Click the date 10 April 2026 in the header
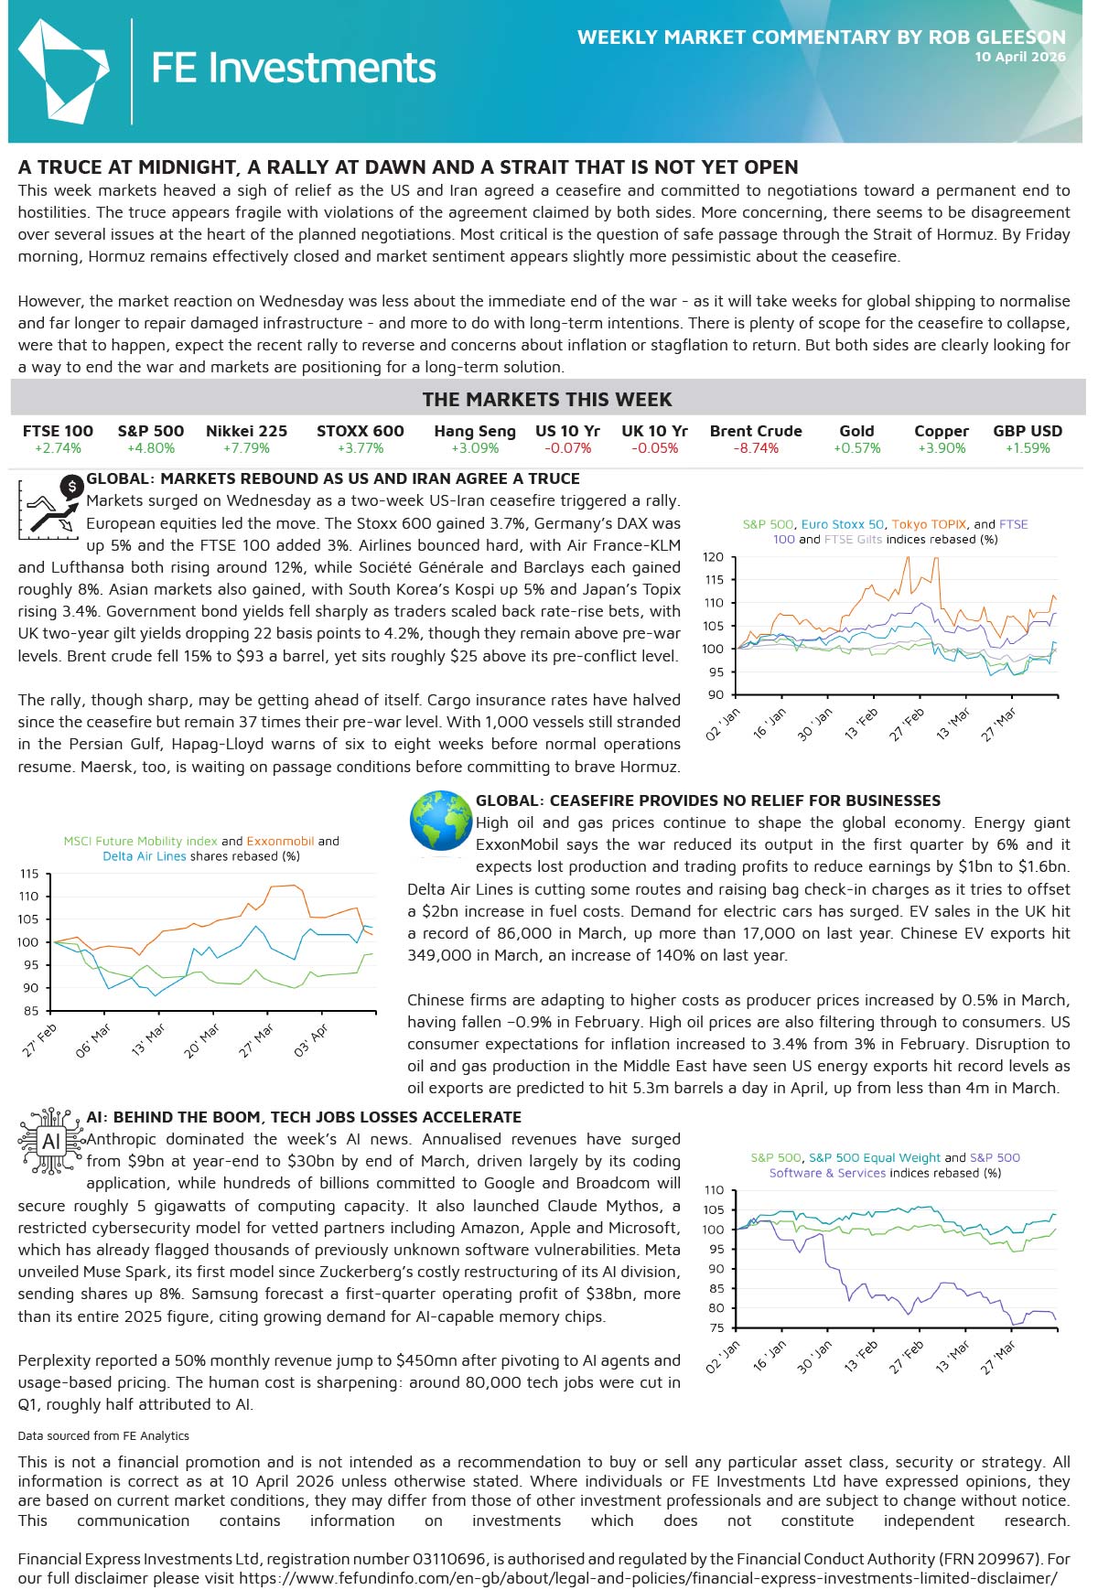(x=1019, y=57)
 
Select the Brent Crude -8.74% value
(x=755, y=448)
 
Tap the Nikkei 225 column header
(x=246, y=431)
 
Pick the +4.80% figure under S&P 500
(x=151, y=448)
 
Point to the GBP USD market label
(x=1028, y=431)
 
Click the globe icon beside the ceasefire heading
(x=441, y=821)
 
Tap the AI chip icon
(x=50, y=1141)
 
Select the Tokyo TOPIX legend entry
(x=929, y=524)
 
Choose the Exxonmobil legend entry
(x=280, y=841)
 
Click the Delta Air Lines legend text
(x=145, y=856)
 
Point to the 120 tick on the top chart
(x=713, y=557)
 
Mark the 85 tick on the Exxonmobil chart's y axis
(x=31, y=1011)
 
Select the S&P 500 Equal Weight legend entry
(x=874, y=1157)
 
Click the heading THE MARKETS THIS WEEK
(x=547, y=400)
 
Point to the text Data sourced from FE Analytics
(x=103, y=1435)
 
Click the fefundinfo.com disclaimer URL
(x=648, y=1578)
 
